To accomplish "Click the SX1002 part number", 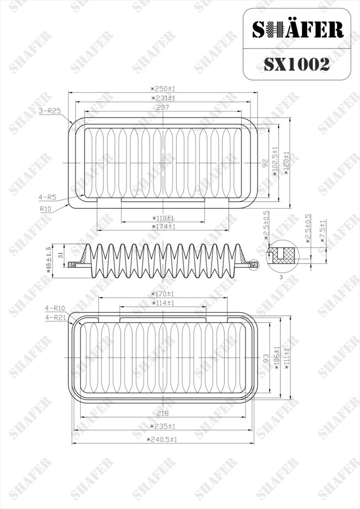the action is click(x=296, y=64).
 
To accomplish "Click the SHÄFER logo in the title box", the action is click(x=298, y=29).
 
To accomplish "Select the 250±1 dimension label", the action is click(x=163, y=88).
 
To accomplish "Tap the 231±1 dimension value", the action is click(x=163, y=98).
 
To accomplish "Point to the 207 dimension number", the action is click(x=163, y=107).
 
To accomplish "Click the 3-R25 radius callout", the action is click(x=50, y=111).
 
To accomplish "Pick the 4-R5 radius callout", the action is click(x=47, y=197).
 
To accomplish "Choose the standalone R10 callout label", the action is click(x=46, y=209).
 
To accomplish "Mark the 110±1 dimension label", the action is click(x=163, y=218).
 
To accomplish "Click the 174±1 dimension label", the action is click(x=163, y=227).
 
